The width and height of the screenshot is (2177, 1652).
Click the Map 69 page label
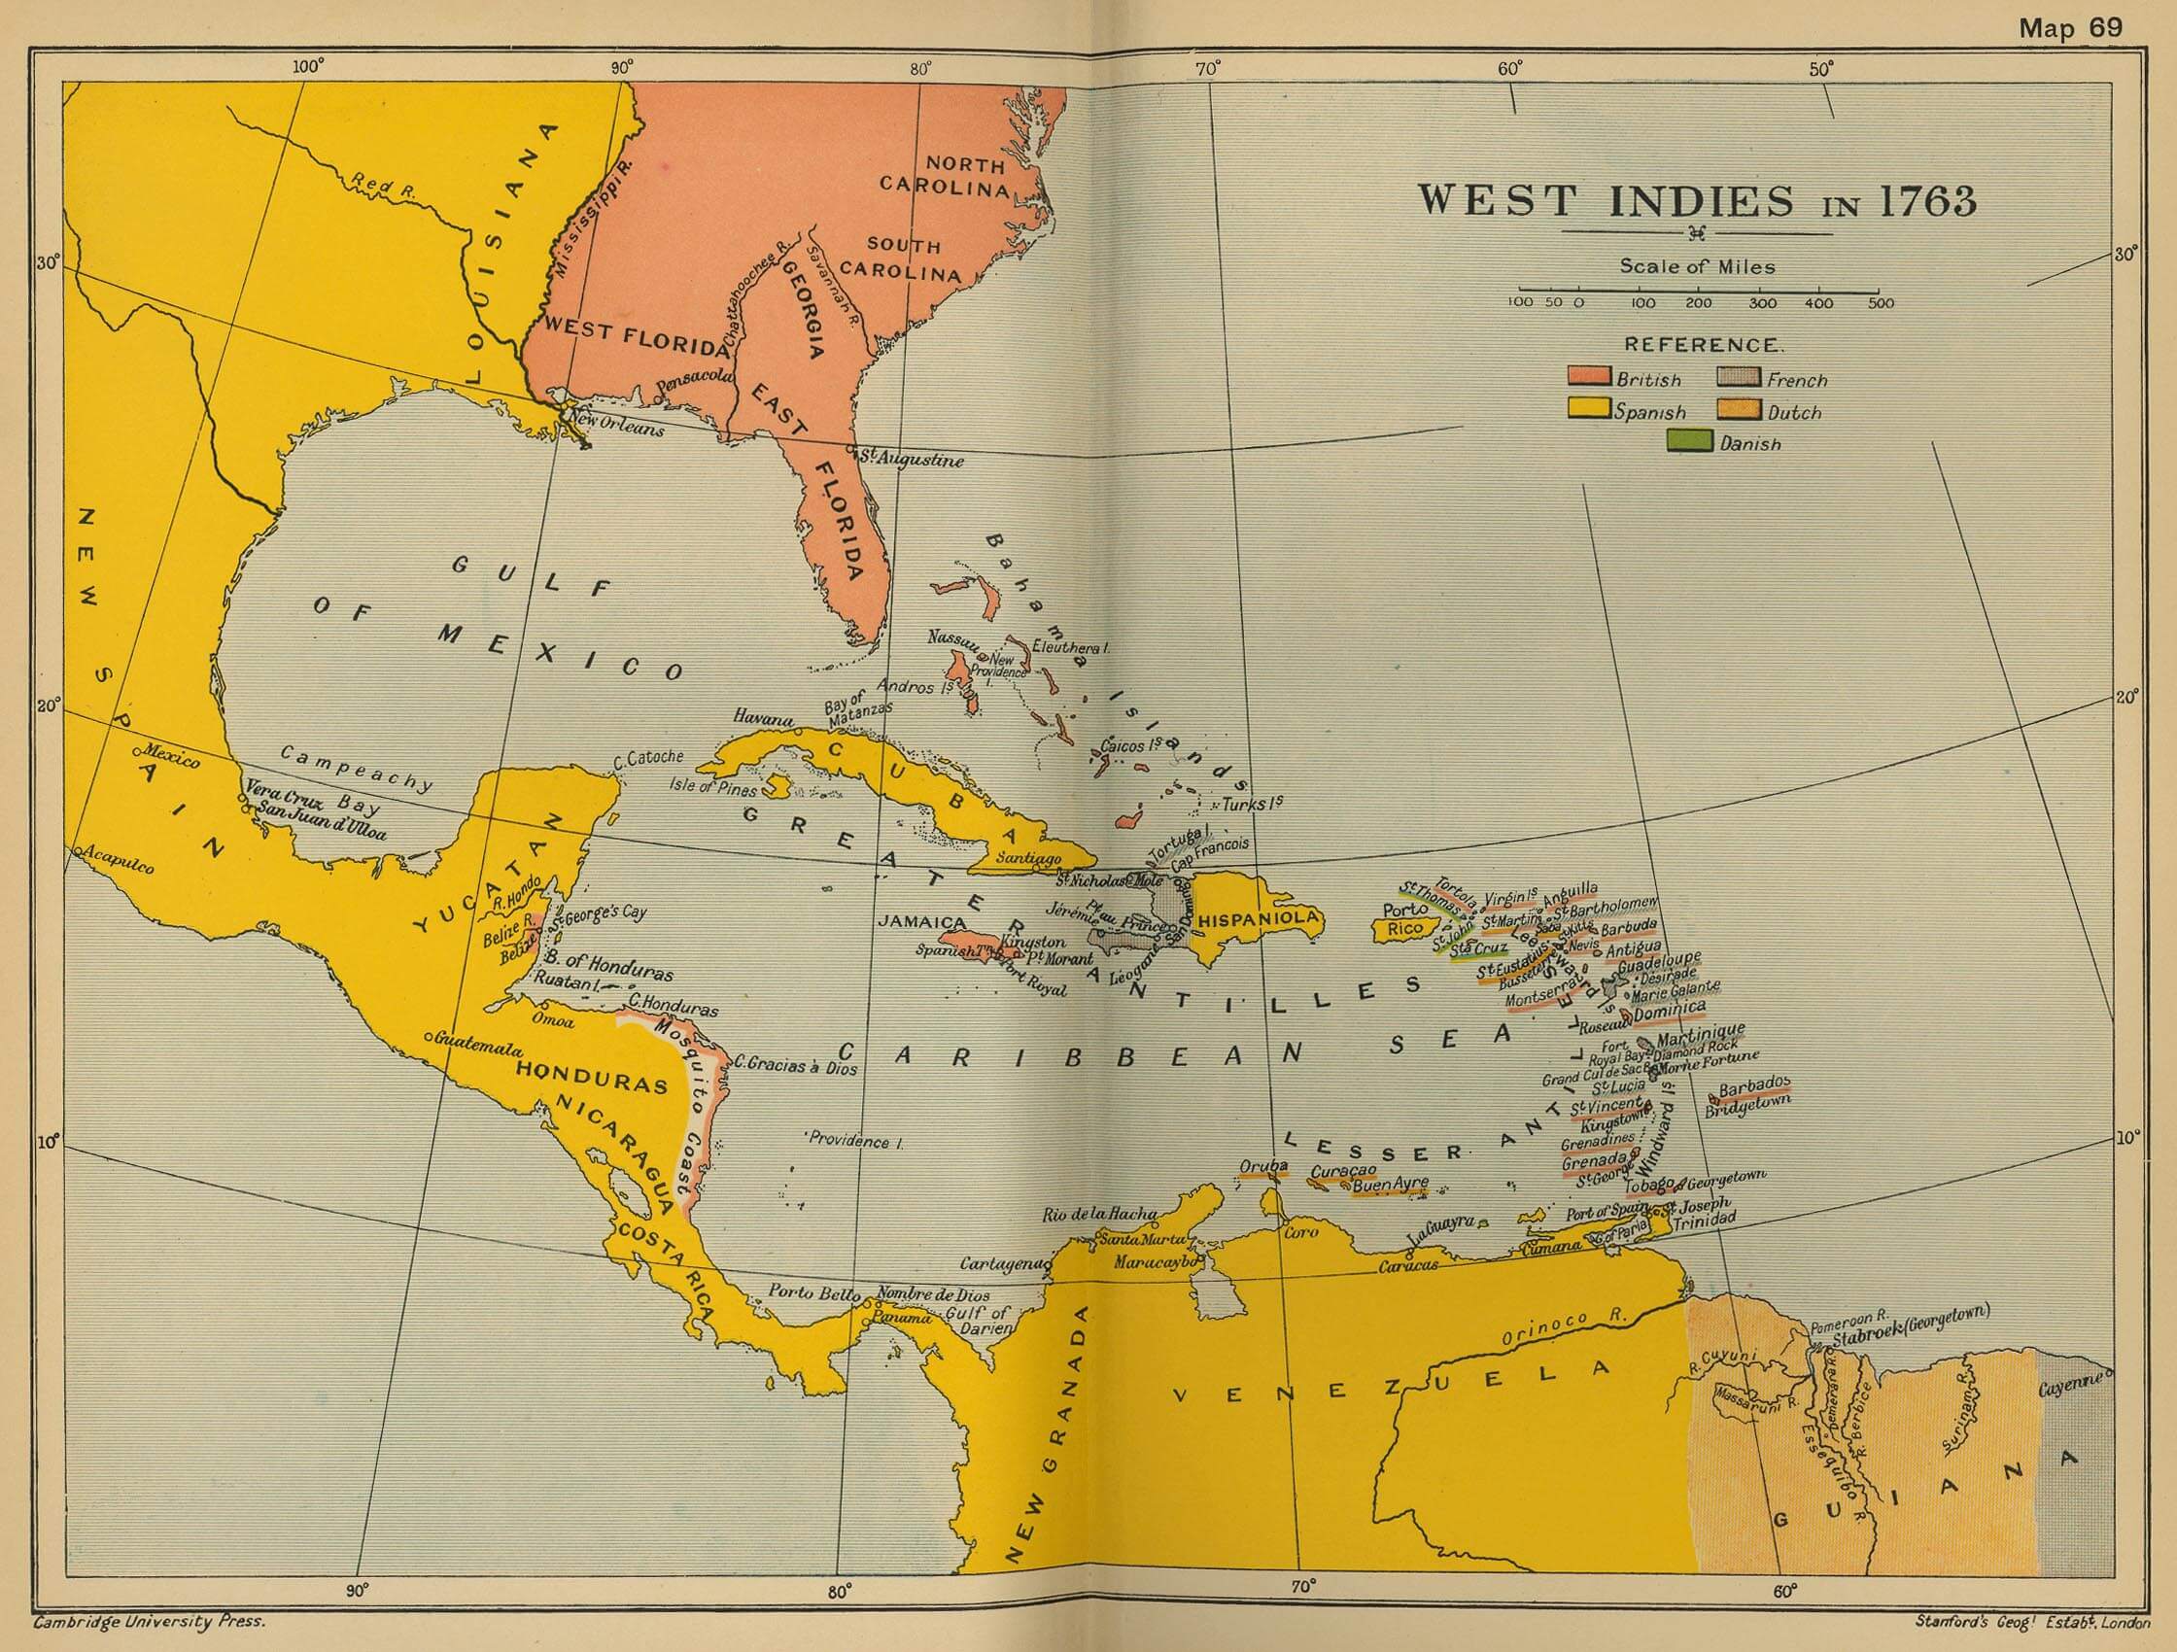2070,27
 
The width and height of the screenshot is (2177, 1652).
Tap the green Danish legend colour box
1690,442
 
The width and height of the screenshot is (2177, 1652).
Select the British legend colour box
1588,378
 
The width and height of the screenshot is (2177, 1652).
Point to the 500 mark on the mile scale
1880,303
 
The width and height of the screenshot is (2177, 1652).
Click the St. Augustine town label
912,460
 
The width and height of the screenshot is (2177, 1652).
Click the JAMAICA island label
920,923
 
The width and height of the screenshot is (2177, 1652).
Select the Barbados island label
1754,1084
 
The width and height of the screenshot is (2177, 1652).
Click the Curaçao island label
1342,1171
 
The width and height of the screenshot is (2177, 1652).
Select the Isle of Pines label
713,787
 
